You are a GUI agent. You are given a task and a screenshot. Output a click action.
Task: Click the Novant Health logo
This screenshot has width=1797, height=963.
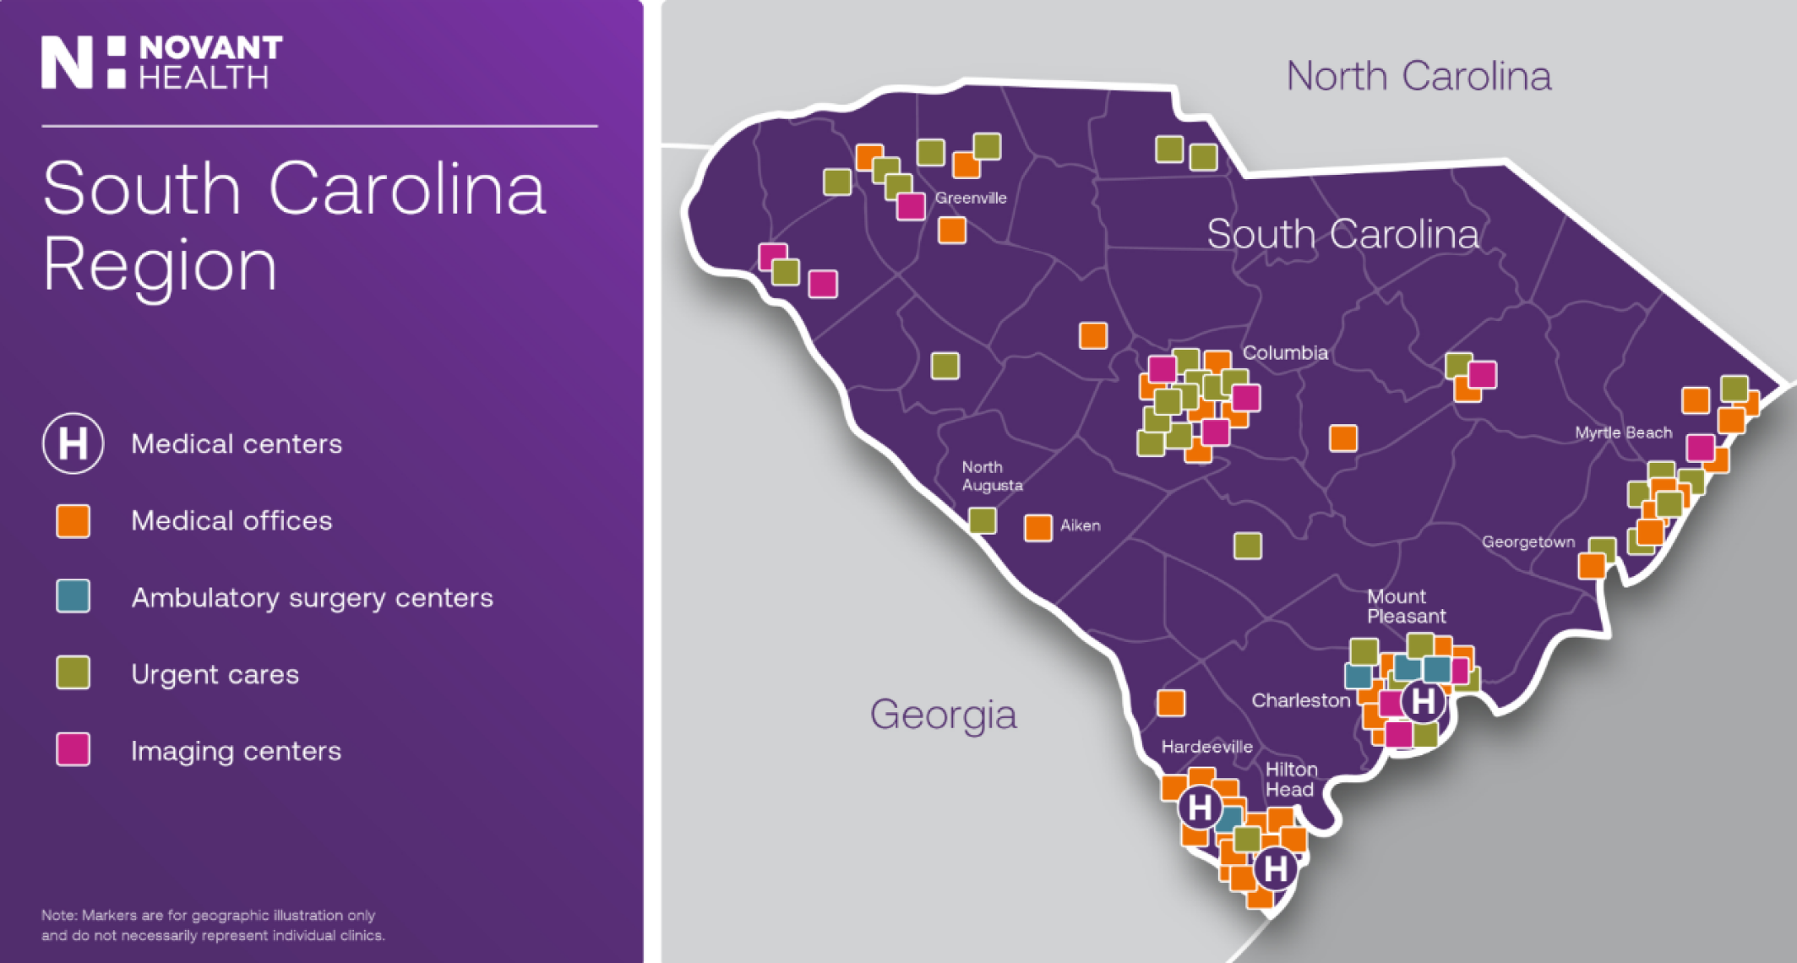pos(162,63)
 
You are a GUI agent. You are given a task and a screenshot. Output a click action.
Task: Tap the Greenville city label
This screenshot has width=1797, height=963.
pos(971,198)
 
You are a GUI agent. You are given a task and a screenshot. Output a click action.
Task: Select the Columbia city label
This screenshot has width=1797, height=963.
pos(1285,352)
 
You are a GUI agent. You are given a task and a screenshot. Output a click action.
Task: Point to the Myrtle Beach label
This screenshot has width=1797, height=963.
pos(1623,433)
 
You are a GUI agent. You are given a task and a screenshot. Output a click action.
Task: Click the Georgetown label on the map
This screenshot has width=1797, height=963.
pos(1528,541)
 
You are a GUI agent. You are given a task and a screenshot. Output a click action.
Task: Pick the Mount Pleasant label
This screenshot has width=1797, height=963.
pos(1406,607)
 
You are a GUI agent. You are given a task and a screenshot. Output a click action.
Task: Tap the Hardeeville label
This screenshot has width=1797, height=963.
pos(1206,747)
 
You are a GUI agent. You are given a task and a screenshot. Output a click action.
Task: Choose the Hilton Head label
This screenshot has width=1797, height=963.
pos(1290,779)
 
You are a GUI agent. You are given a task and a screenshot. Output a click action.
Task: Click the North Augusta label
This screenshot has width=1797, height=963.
pos(992,476)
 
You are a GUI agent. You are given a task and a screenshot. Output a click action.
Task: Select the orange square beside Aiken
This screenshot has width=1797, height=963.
pos(1038,527)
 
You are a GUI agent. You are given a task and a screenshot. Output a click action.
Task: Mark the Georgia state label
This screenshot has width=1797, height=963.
pos(943,715)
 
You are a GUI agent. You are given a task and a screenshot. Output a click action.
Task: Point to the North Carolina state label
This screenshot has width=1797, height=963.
pos(1419,76)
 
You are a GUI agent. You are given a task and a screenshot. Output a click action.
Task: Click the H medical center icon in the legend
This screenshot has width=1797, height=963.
pos(74,443)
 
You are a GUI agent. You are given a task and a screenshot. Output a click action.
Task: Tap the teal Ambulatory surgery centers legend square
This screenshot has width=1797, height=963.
pos(74,596)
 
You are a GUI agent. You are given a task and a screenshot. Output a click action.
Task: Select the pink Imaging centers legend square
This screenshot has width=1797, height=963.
pos(74,749)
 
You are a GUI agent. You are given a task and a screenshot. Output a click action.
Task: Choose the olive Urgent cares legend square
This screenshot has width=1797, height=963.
pos(74,673)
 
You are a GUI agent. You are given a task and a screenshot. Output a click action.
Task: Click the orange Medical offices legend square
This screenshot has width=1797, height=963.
pos(74,520)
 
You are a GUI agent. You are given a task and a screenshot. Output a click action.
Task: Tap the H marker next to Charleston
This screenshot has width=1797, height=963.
pos(1423,700)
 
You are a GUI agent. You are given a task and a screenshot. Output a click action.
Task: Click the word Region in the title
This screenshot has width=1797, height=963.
pos(161,265)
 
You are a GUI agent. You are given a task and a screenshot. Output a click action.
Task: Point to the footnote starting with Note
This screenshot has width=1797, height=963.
pos(213,925)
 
